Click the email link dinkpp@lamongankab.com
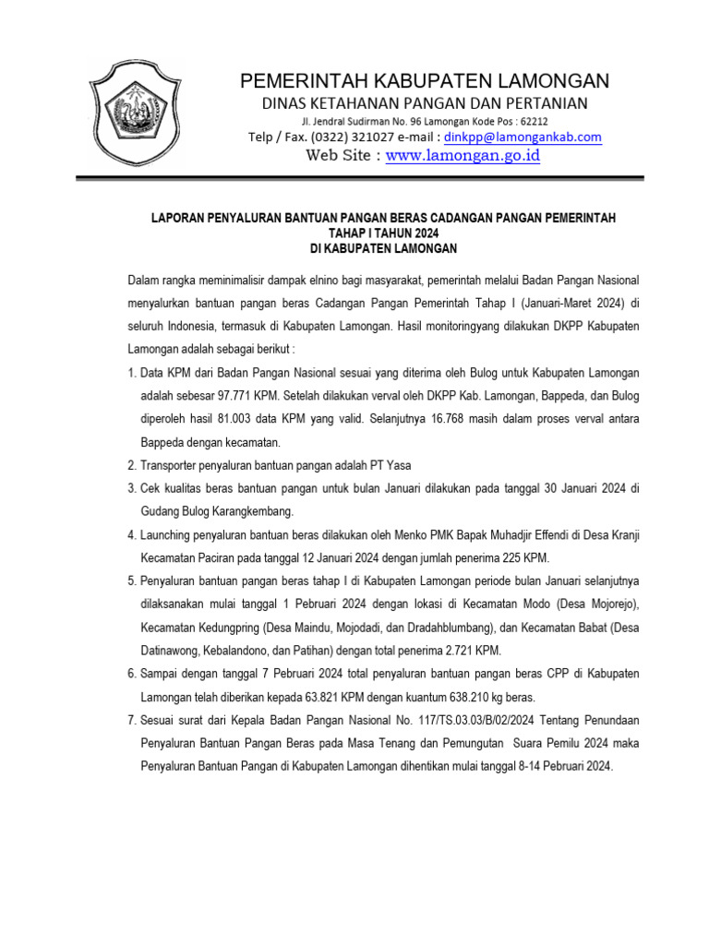click(523, 137)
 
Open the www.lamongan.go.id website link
click(463, 156)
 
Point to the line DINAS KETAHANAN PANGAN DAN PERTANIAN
click(425, 102)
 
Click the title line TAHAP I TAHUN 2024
click(383, 233)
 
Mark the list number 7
click(132, 720)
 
